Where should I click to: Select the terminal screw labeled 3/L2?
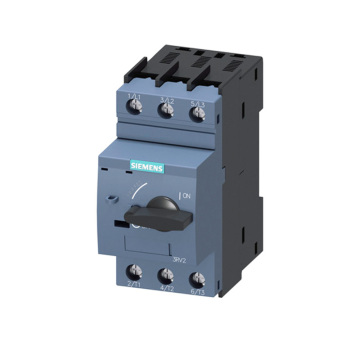[x=168, y=113]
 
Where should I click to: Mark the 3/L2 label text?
[x=167, y=98]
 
